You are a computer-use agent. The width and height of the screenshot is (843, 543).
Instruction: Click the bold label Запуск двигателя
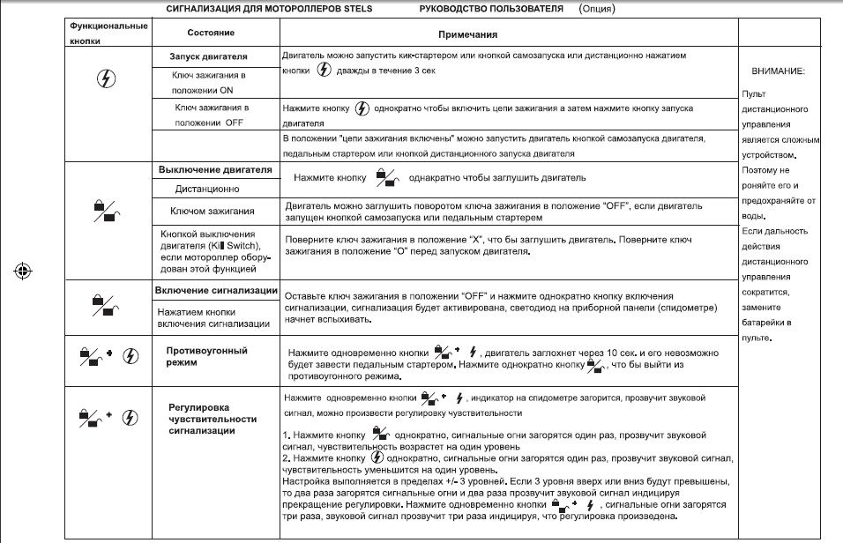[208, 56]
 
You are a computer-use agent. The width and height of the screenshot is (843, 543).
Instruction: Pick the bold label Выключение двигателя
[214, 168]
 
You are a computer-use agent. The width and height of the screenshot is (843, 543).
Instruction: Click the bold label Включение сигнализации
[217, 291]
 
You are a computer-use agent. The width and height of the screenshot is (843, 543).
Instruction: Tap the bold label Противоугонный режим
[206, 355]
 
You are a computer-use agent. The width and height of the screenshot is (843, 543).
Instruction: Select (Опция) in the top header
[597, 10]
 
